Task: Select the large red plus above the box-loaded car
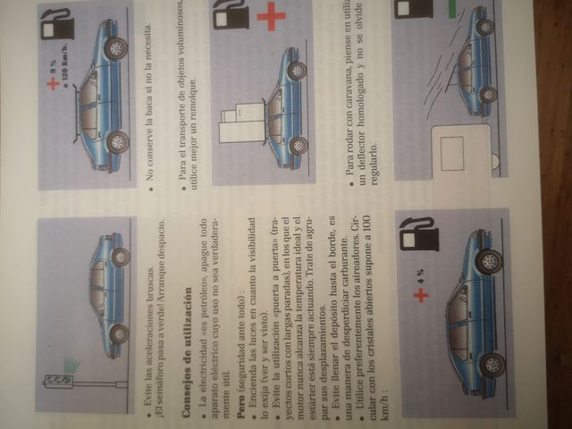pyautogui.click(x=270, y=17)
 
